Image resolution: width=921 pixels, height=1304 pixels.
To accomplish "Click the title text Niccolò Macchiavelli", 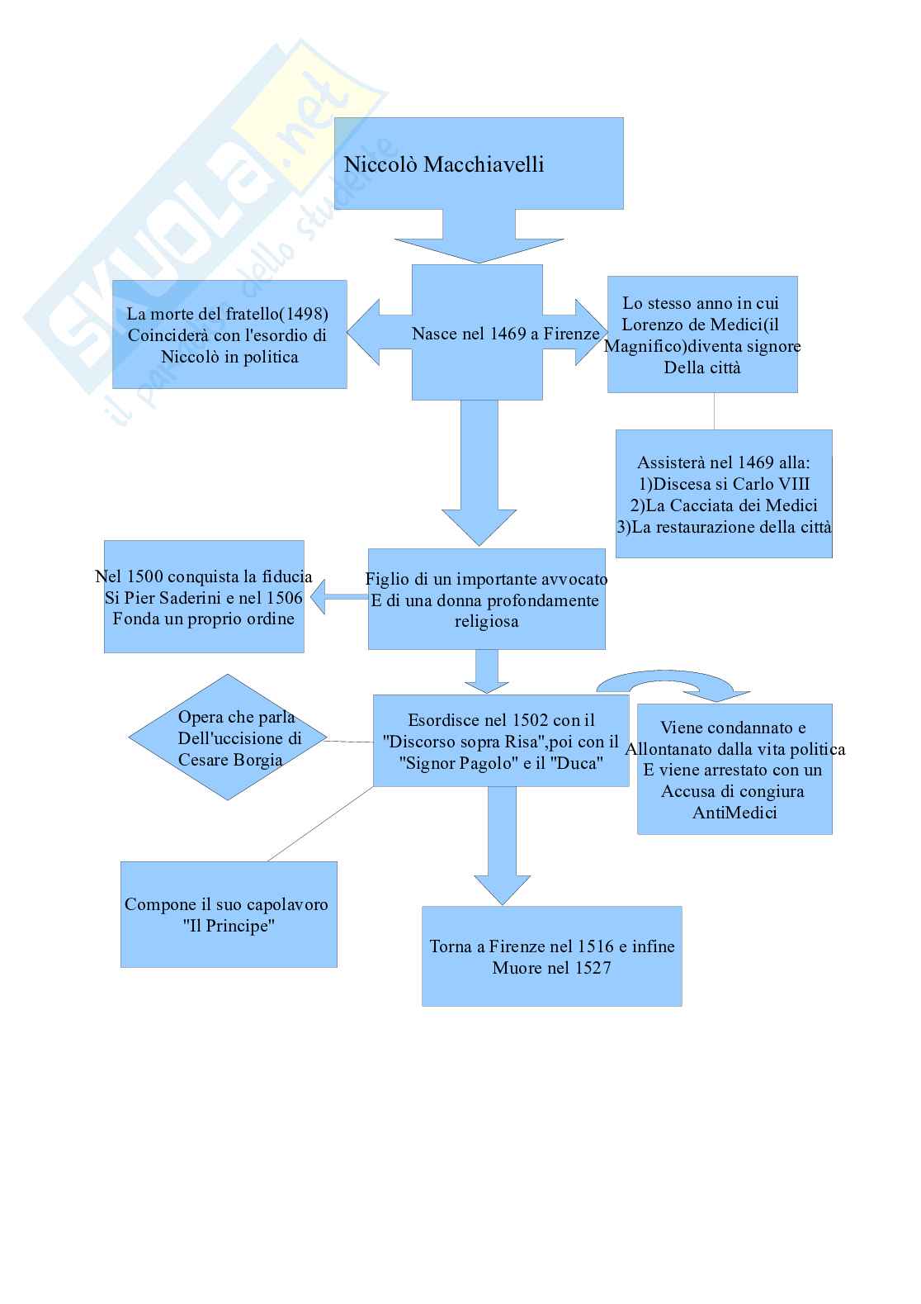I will [443, 164].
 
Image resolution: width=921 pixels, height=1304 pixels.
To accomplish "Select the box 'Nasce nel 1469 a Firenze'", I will [477, 333].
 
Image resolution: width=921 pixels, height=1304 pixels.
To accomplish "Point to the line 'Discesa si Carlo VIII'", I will [724, 484].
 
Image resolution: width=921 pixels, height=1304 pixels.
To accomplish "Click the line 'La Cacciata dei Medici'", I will [724, 505].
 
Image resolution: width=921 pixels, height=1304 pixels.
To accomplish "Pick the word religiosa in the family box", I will [486, 621].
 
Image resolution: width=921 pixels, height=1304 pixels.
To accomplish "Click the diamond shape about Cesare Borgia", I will [228, 737].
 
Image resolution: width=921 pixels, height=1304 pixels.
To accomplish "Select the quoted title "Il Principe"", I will [229, 926].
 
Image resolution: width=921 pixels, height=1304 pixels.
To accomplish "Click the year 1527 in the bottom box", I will [592, 967].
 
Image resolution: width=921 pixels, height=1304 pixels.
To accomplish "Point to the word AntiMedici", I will [734, 813].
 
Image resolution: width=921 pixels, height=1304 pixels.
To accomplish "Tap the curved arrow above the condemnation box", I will [673, 683].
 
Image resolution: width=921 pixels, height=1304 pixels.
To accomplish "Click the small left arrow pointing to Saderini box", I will [327, 596].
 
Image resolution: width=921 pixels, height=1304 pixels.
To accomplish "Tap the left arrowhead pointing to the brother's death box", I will [363, 333].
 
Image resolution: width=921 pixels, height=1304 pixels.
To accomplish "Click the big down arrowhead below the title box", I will [479, 249].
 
